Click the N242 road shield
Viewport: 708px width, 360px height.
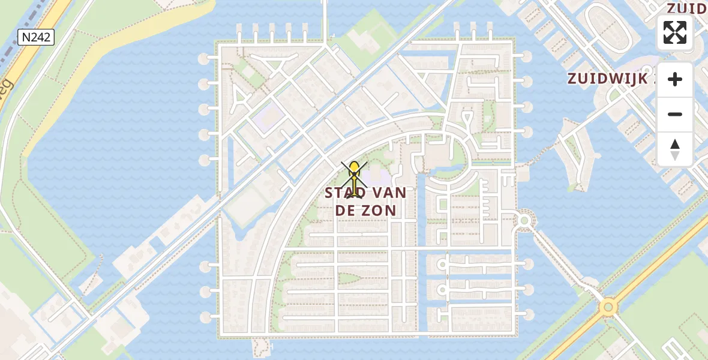(36, 38)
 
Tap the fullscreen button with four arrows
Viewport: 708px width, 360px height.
(675, 32)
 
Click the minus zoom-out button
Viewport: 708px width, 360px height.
(675, 114)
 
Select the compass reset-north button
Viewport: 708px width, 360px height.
(675, 149)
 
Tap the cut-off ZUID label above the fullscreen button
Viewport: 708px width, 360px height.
(688, 8)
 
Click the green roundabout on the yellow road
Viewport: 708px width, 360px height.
(608, 307)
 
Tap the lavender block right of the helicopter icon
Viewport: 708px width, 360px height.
(378, 177)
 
